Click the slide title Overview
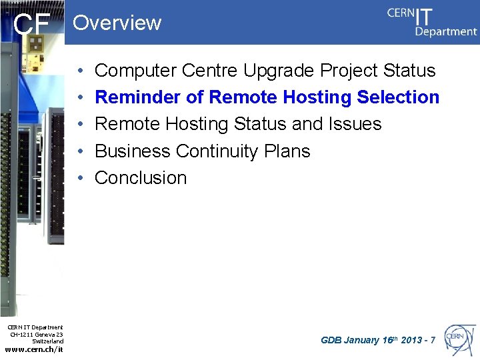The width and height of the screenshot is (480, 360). point(117,23)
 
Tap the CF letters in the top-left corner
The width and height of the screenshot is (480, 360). point(32,25)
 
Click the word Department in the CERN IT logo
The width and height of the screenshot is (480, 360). point(446,31)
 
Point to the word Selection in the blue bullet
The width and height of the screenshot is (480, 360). point(398,97)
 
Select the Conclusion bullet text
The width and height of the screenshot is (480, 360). point(141,178)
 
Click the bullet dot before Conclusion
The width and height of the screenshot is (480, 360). point(79,178)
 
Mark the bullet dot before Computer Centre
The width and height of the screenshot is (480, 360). point(79,71)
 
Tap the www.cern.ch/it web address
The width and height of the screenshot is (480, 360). point(34,349)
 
